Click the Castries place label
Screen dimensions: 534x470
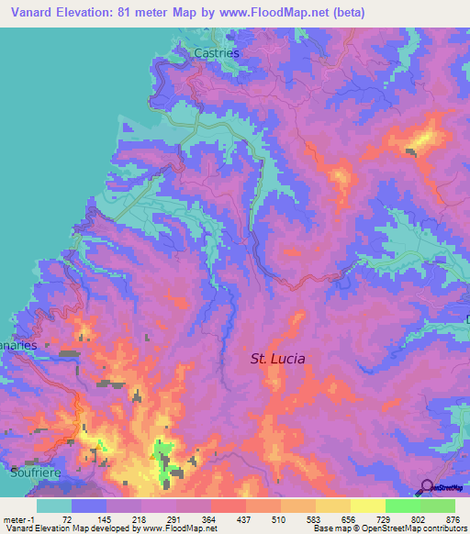coord(217,54)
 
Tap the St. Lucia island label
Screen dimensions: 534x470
coord(278,359)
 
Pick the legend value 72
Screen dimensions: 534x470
coord(66,518)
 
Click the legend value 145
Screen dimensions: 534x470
coord(105,518)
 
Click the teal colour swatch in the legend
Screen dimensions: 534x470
coord(53,506)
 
